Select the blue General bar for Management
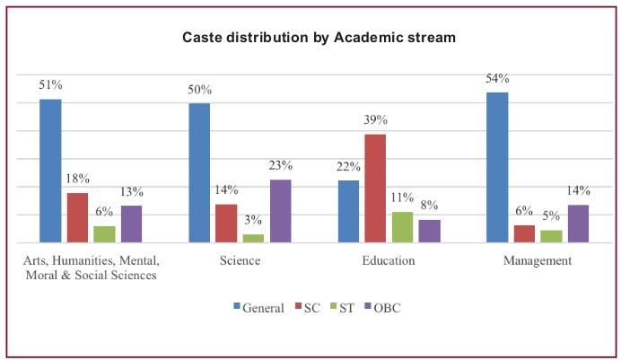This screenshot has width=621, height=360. coord(496,167)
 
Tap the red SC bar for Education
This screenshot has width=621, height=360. coord(374,189)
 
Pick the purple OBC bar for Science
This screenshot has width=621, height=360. coord(280,211)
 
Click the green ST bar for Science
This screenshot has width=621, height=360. coord(253,238)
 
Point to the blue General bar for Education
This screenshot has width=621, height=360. coord(347,212)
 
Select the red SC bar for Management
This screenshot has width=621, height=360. coord(523,233)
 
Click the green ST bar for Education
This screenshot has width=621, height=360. coord(402,227)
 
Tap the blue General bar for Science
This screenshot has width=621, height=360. coord(198,172)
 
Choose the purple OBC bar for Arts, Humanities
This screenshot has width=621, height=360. coord(131,224)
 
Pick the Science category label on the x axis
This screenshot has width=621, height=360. coord(240,261)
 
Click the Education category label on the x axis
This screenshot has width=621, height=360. coord(388,261)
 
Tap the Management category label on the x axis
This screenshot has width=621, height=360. coord(537,261)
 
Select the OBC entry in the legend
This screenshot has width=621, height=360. coord(380,307)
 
